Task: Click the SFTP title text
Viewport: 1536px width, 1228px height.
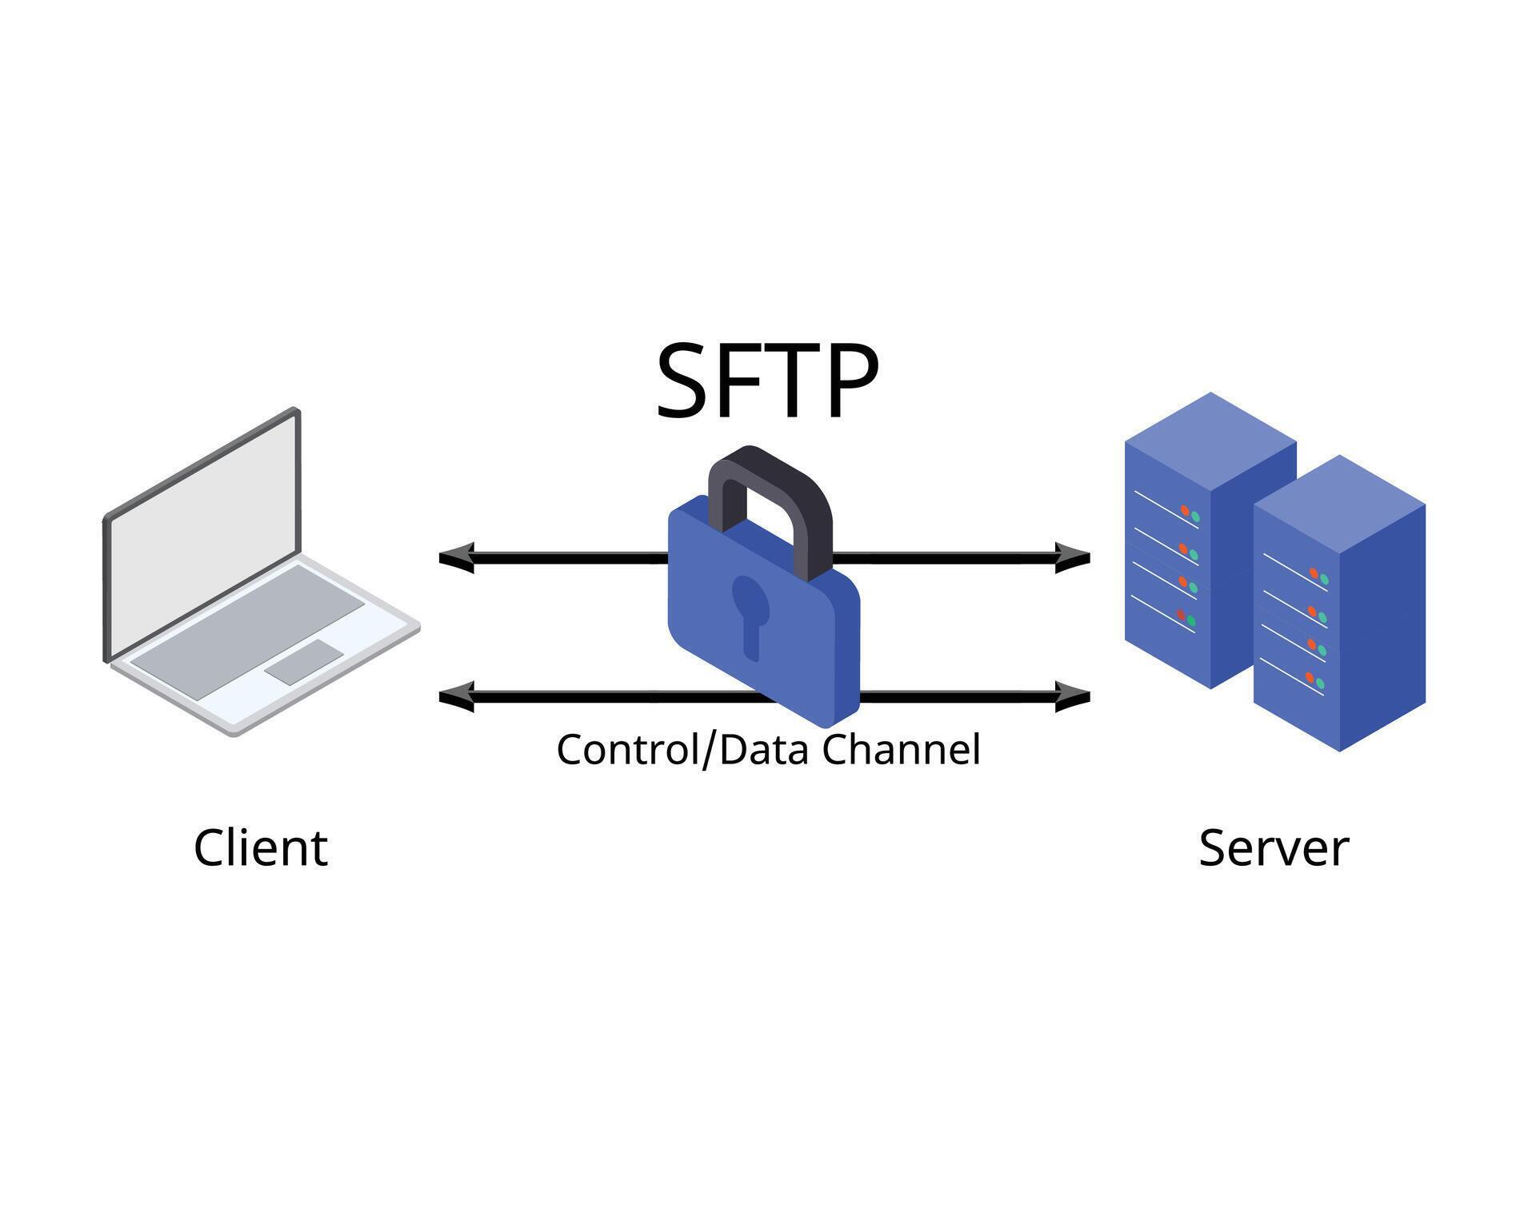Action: coord(766,381)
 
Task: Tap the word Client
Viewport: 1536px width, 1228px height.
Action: coord(261,848)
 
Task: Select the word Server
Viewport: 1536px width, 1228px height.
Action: coord(1274,848)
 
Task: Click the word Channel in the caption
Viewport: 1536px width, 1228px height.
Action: coord(901,750)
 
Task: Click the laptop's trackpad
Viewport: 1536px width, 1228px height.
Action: coord(304,661)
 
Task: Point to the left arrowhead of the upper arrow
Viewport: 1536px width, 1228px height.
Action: coord(456,556)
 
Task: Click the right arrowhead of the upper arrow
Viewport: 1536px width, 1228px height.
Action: coord(1073,556)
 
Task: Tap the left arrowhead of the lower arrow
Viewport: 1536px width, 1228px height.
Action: coord(456,696)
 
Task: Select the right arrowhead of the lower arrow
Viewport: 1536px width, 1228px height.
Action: coord(1073,696)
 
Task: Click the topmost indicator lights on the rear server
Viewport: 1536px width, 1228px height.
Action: coord(1190,513)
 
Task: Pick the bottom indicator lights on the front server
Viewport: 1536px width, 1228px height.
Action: coord(1315,681)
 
